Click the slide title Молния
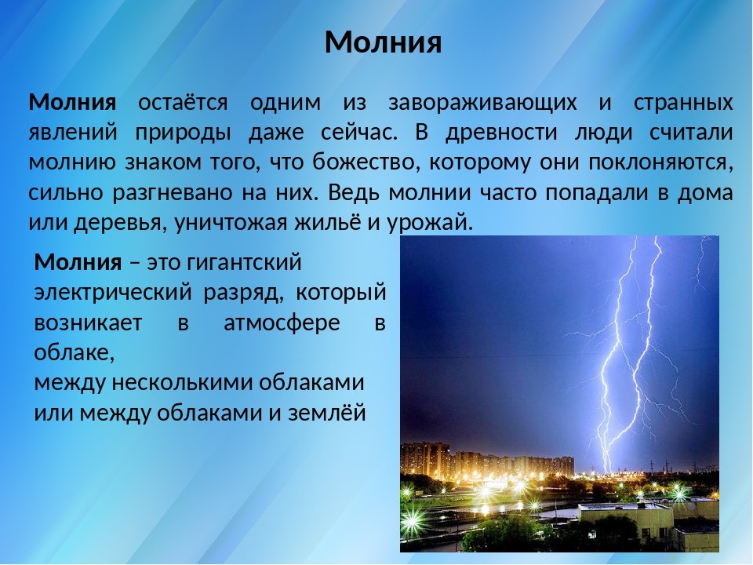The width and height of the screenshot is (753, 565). pos(383,42)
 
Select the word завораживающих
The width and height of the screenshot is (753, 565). pos(482,103)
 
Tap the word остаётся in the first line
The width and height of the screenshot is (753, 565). pos(183,103)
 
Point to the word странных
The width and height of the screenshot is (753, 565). pos(683,103)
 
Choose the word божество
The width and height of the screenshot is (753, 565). pos(365,163)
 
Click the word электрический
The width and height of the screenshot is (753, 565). pos(113,293)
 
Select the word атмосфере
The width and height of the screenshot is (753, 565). pos(282,323)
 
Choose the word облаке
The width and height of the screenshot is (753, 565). pos(75,353)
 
